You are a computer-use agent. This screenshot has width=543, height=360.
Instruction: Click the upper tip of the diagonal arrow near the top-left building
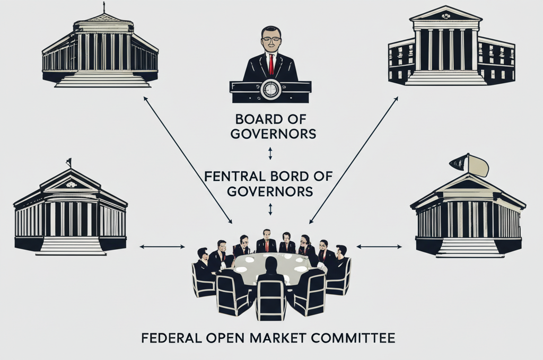(x=144, y=97)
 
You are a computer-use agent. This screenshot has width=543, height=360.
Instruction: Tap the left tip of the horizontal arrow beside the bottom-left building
(x=139, y=247)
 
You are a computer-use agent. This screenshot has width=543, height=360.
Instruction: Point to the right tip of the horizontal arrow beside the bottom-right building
(x=402, y=247)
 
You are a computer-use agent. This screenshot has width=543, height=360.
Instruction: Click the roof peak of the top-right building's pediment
(x=445, y=6)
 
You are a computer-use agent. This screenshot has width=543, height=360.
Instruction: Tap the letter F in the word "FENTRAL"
(x=208, y=177)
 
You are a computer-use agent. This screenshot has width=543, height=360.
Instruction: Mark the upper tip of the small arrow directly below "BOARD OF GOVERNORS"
(x=270, y=148)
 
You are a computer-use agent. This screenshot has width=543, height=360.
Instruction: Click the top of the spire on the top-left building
(x=104, y=2)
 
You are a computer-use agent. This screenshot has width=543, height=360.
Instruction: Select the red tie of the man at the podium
(x=271, y=64)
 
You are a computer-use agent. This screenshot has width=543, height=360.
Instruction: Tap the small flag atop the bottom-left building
(x=69, y=162)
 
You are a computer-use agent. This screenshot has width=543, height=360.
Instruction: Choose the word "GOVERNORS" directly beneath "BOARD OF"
(x=273, y=134)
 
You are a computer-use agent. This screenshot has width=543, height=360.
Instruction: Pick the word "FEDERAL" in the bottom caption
(x=171, y=338)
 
